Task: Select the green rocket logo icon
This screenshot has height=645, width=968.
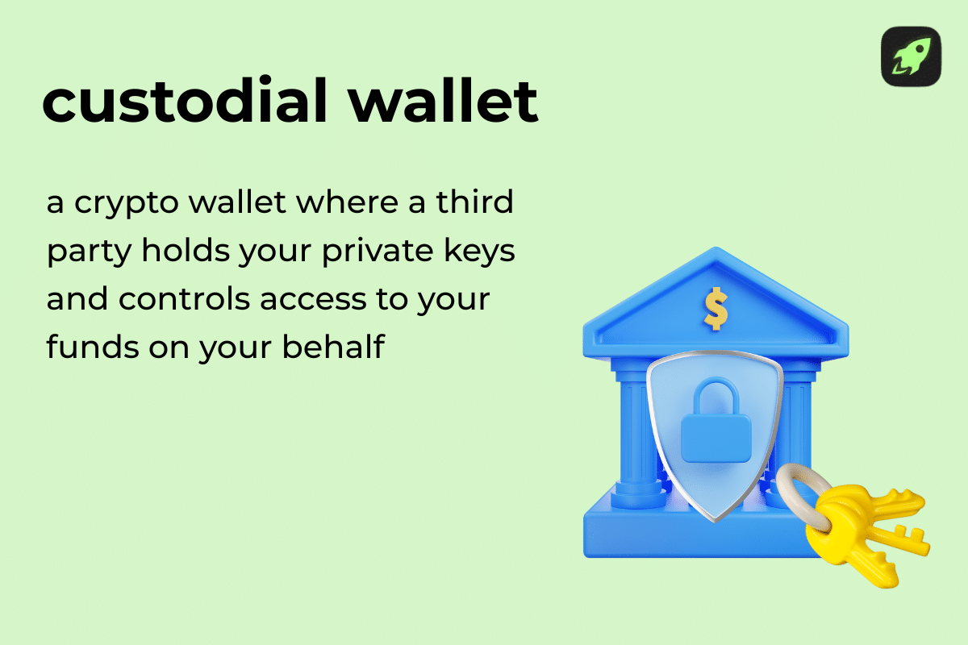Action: point(911,56)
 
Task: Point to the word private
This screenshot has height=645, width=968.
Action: point(382,251)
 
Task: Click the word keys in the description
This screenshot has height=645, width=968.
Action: point(481,252)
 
